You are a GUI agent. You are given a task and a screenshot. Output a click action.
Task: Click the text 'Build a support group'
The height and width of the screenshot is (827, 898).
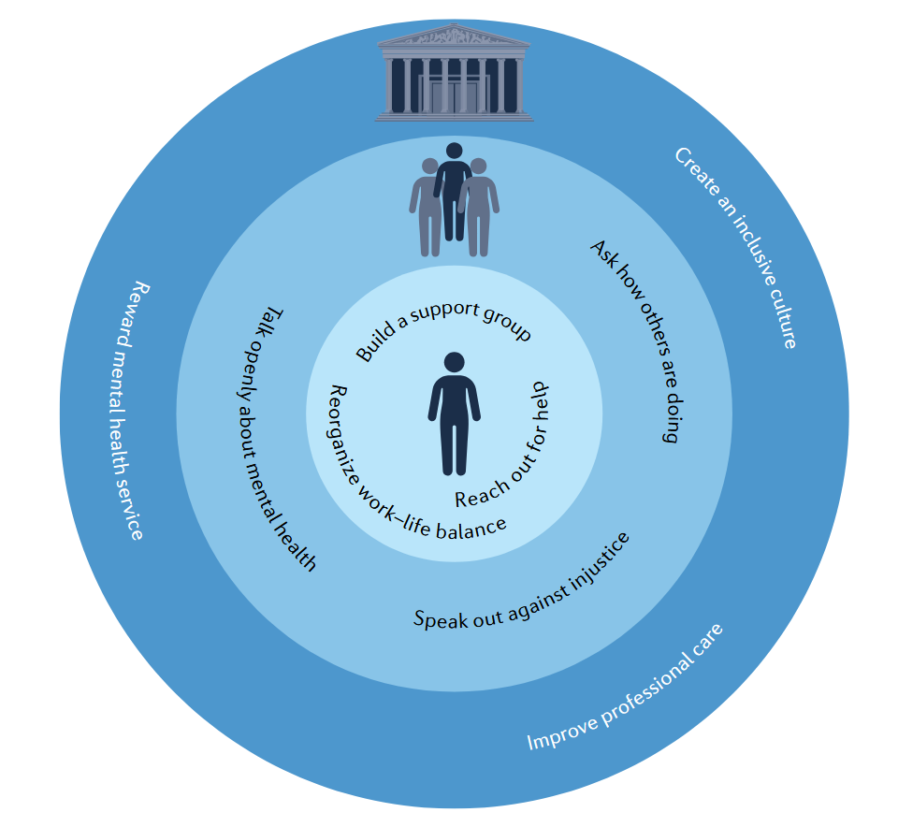(443, 327)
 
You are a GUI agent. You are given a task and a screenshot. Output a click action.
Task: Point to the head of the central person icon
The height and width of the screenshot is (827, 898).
(454, 362)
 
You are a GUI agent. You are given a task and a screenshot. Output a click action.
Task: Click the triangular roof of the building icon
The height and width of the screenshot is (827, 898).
(454, 36)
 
